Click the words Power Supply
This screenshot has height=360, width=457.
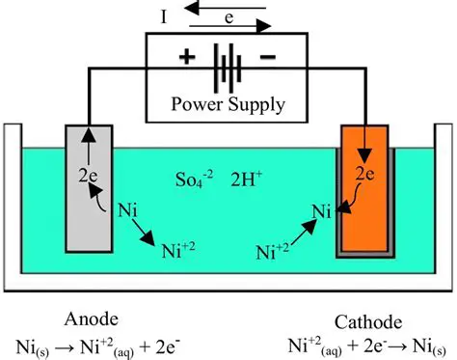coord(228,101)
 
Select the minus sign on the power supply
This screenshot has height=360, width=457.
coord(267,57)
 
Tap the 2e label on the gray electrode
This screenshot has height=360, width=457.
coord(88,177)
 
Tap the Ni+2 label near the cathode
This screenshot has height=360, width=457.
coord(273,253)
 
